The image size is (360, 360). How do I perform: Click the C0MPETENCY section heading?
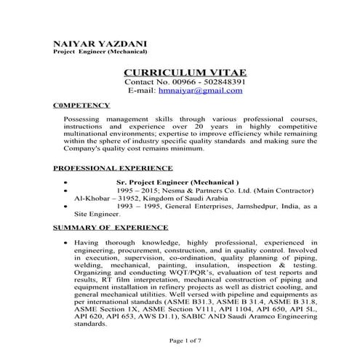pos(81,105)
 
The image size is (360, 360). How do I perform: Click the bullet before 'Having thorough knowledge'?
pos(67,241)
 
